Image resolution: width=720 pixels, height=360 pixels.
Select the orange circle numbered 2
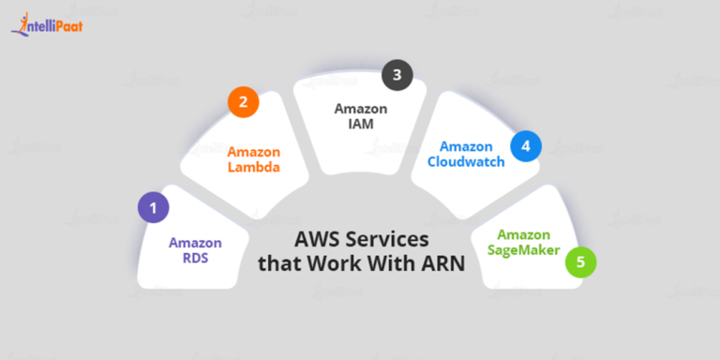pyautogui.click(x=243, y=103)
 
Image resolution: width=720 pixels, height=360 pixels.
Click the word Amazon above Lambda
pyautogui.click(x=254, y=152)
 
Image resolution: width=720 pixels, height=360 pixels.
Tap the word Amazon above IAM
pyautogui.click(x=361, y=108)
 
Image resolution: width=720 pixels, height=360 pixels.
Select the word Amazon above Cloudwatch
pyautogui.click(x=466, y=146)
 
